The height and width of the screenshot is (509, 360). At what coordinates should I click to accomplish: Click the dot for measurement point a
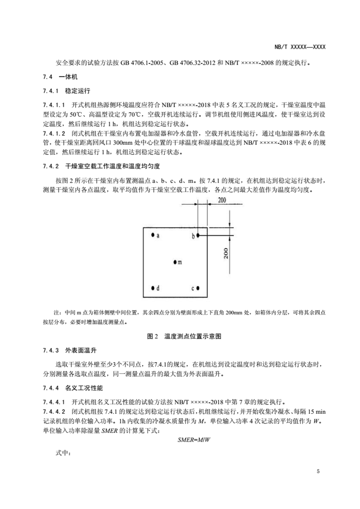pos(152,235)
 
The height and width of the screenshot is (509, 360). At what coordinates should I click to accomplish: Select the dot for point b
pos(198,236)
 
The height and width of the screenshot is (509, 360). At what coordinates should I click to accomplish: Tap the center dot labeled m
pos(175,262)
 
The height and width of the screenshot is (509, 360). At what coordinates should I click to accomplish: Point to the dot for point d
pos(152,288)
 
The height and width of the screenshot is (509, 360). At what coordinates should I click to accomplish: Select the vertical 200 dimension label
pos(226,254)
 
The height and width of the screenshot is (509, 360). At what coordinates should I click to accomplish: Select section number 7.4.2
pos(51,166)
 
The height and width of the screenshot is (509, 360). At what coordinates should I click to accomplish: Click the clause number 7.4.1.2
pos(54,132)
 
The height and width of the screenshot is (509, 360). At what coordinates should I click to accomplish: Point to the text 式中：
pos(63,454)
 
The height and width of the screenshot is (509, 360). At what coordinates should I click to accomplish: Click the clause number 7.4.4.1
pos(54,401)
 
